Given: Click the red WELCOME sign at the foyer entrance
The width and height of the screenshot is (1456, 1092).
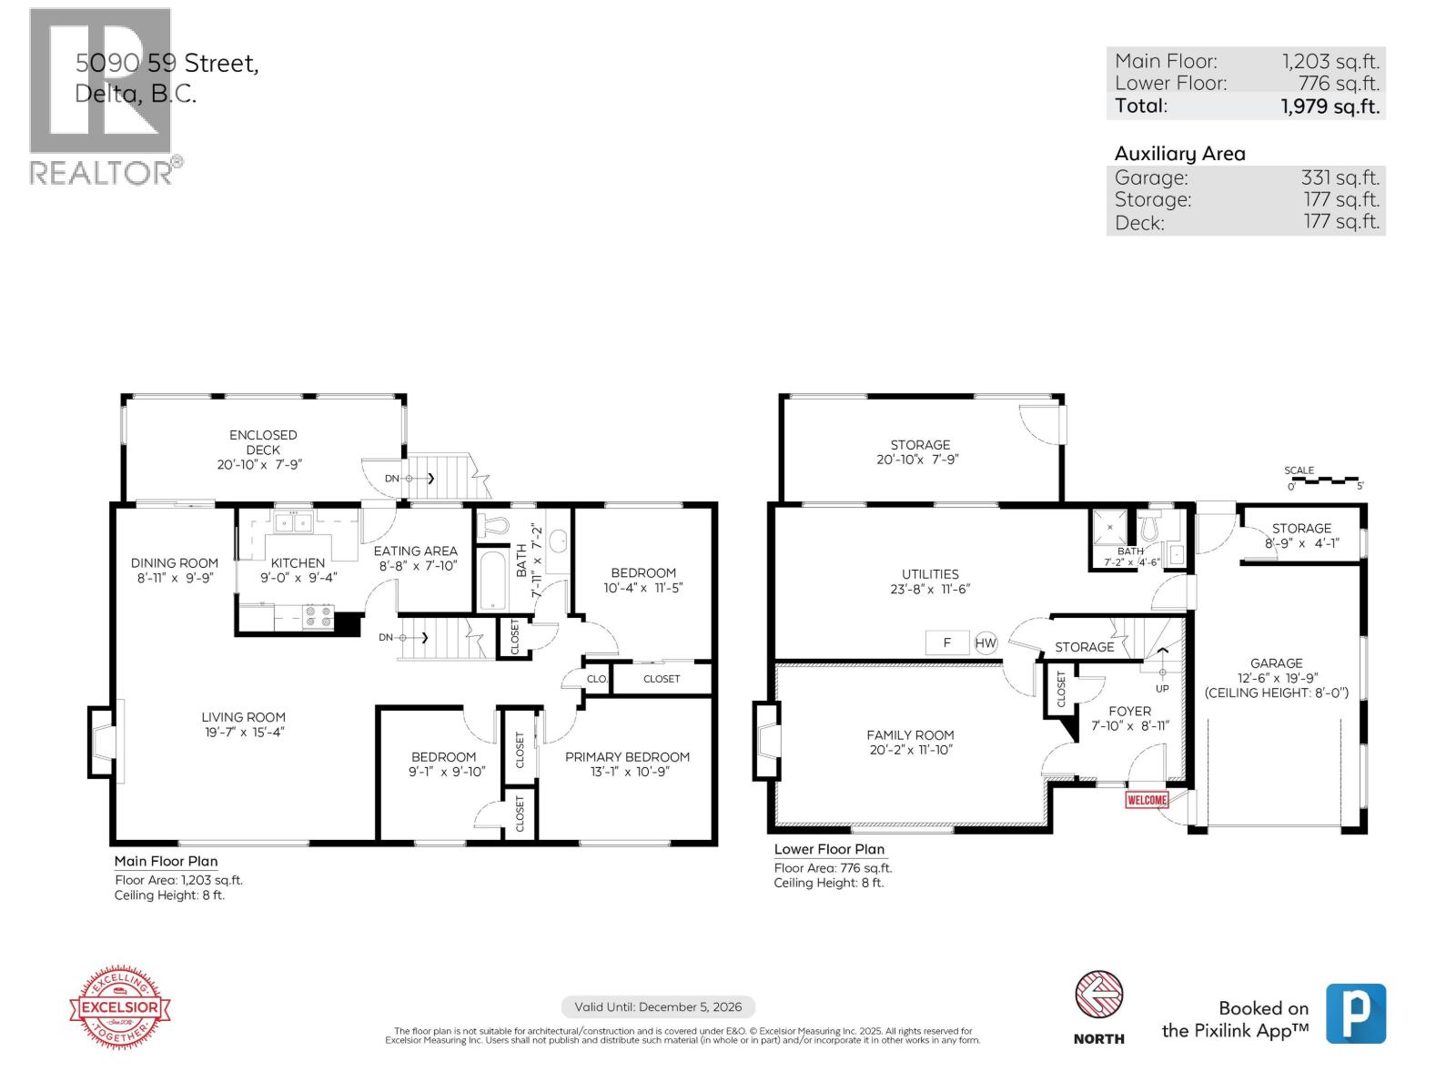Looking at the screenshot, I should pos(1147,800).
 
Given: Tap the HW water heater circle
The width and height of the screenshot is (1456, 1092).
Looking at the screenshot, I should pos(986,642).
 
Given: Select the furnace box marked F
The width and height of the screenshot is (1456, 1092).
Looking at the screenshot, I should pos(947,642).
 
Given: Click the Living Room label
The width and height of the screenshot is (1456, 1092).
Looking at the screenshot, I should pos(243,717).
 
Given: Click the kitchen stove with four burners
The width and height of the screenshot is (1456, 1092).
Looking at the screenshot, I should pos(318,618).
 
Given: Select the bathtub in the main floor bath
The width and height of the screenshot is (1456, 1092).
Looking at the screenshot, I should pos(492,580).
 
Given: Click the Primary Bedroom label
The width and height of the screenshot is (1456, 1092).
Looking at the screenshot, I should pos(627,756).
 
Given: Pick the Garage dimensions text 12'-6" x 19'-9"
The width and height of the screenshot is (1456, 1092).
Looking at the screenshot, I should pos(1276,678).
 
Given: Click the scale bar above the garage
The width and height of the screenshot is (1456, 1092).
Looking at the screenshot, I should pos(1324,479).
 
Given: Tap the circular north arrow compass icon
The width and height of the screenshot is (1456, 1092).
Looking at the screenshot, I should pos(1098,994).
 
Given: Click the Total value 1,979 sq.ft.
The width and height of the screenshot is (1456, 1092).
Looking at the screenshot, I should pos(1330,106).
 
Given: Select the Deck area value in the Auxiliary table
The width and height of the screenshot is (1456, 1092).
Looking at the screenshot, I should pos(1341,221).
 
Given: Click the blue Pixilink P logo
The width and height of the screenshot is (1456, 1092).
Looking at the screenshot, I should pos(1355,1013).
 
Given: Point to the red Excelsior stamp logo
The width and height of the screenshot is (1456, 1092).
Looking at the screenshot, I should pos(120,1007).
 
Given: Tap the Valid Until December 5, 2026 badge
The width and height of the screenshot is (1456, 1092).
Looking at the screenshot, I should pos(658,1006).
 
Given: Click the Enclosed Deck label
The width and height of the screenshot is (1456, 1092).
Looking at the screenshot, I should pos(263,441).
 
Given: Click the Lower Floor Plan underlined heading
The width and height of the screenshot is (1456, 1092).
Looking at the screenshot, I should pos(829,849).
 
